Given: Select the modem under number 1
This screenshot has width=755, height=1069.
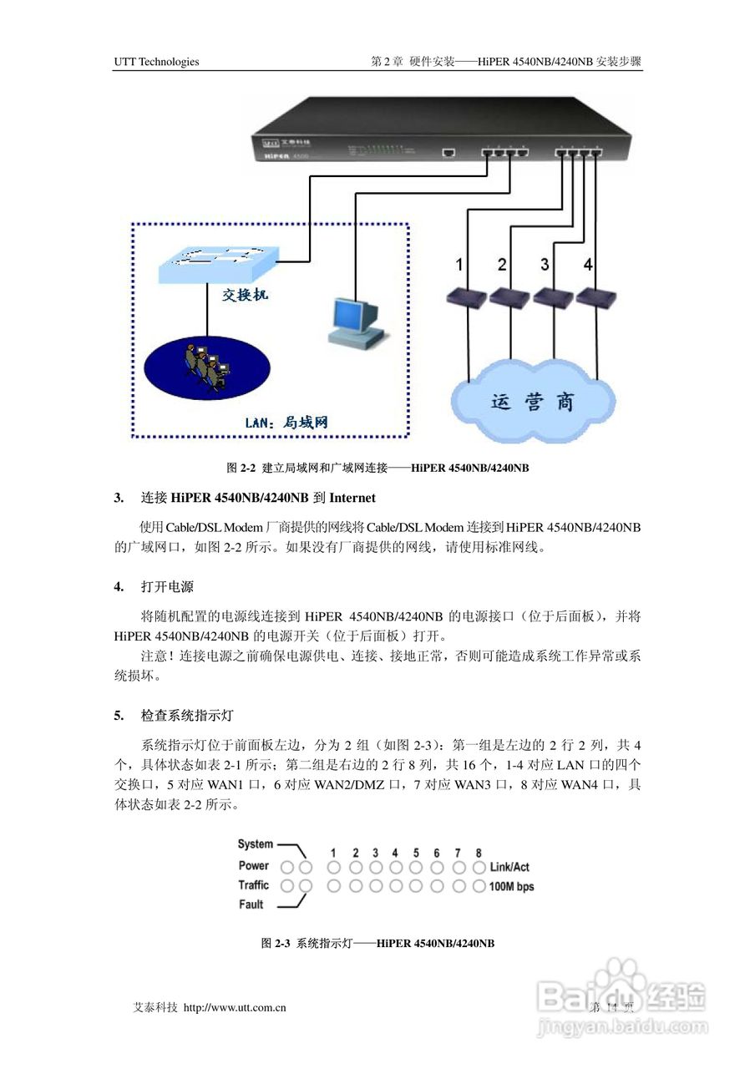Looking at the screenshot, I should (x=465, y=297).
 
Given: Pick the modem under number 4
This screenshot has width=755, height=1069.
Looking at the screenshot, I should (x=594, y=297).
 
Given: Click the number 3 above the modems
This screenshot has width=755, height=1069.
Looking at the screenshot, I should (x=545, y=265).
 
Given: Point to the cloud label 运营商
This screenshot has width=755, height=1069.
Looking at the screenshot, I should (x=532, y=402).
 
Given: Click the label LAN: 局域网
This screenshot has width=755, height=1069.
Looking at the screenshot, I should (x=286, y=423).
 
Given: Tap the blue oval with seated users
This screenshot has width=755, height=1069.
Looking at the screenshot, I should (x=204, y=367).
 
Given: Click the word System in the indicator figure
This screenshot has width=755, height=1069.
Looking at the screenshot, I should (x=255, y=844).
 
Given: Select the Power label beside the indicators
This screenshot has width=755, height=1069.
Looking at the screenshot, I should (x=254, y=865).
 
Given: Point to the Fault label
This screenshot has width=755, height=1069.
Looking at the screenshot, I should (x=251, y=904).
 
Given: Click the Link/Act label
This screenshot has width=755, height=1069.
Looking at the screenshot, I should (x=509, y=867).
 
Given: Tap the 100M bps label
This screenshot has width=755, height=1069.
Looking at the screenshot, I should (x=511, y=886).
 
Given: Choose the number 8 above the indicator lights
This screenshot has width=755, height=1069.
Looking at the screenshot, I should (x=479, y=853).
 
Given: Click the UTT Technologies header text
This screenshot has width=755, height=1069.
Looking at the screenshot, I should (x=156, y=61).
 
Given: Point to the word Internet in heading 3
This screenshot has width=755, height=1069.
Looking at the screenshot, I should (x=352, y=498).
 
